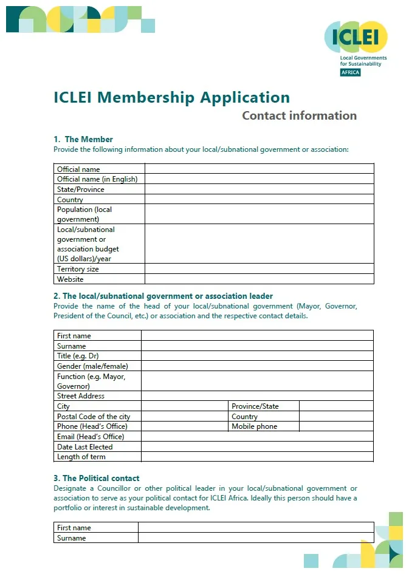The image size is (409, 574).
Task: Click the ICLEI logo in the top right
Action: (356, 38)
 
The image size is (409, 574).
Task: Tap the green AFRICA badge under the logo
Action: (350, 72)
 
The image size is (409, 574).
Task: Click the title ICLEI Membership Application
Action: (171, 97)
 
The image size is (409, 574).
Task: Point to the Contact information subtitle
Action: (299, 115)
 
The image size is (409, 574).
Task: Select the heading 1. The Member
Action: (83, 139)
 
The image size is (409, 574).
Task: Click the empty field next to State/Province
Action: (259, 190)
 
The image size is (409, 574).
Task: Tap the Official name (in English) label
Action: (97, 179)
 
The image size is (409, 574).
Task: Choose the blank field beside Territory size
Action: (259, 269)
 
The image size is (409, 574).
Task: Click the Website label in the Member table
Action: (70, 279)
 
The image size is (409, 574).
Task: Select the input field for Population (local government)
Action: (259, 214)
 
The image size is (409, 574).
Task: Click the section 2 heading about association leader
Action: (163, 296)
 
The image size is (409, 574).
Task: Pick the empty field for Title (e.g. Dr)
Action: (256, 356)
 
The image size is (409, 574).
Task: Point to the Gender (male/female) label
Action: (92, 366)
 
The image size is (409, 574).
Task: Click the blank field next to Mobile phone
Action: (335, 426)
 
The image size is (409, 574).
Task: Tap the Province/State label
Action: (255, 406)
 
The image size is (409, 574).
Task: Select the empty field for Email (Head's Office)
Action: (256, 437)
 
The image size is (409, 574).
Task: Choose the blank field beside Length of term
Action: (256, 457)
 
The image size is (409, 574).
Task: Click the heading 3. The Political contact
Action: (97, 478)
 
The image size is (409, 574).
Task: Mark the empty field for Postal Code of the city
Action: (184, 417)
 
